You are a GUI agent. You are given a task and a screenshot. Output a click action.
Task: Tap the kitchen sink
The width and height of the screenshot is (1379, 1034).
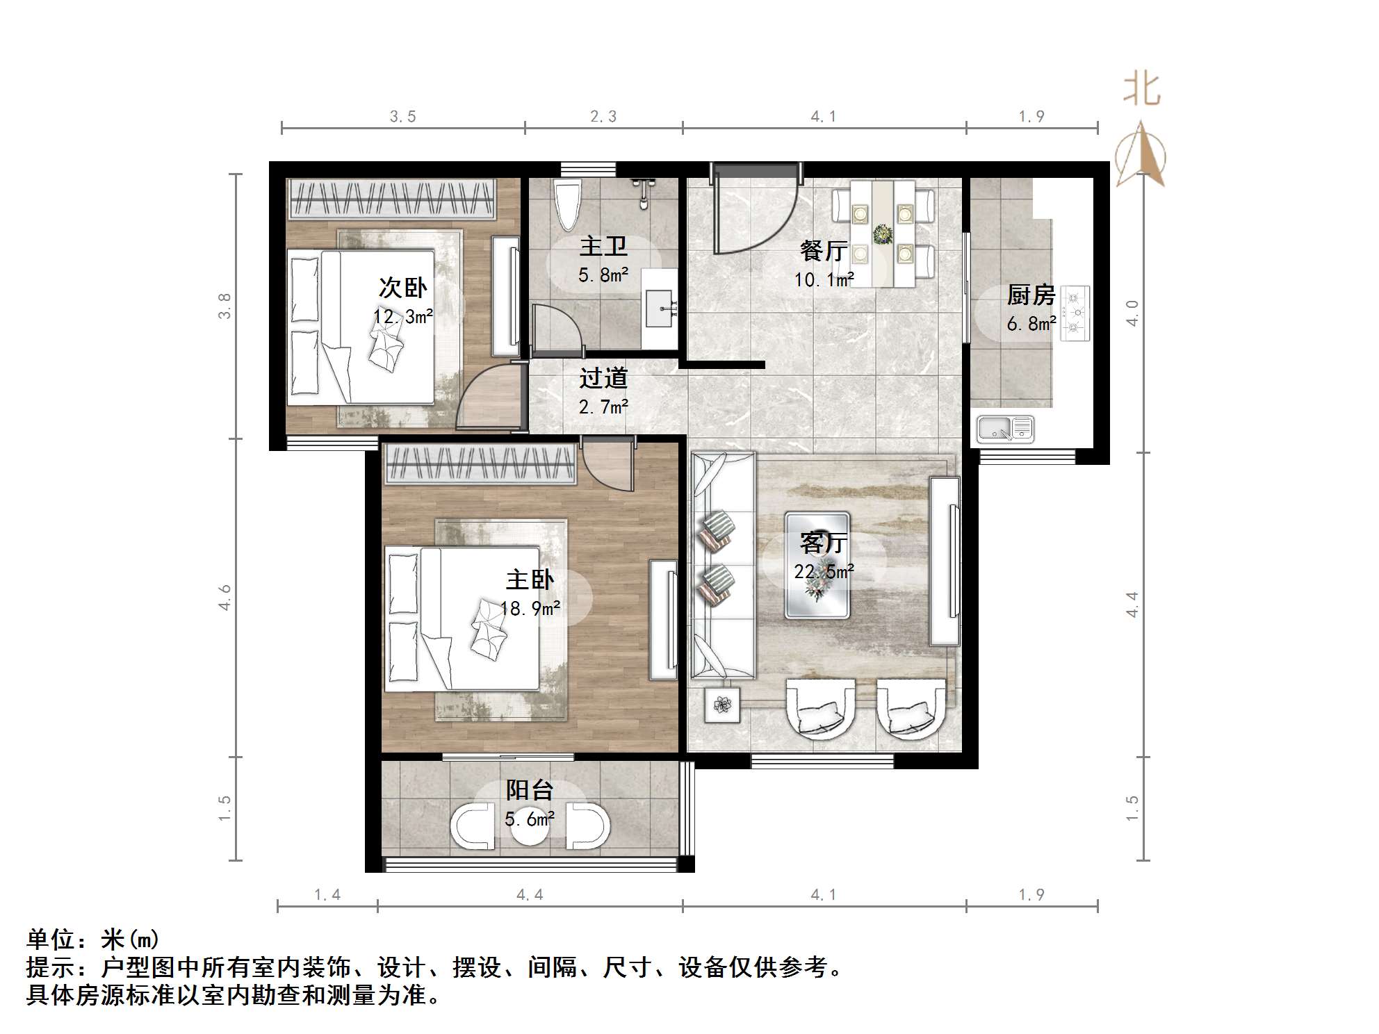(1005, 429)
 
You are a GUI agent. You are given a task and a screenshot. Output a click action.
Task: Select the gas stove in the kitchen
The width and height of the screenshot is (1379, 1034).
(1075, 313)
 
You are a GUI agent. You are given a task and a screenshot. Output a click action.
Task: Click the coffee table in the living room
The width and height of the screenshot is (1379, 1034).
(817, 565)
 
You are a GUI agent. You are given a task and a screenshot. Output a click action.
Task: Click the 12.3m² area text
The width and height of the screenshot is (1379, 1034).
(403, 317)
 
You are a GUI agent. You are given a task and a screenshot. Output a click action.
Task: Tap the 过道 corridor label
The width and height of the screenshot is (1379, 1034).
(603, 378)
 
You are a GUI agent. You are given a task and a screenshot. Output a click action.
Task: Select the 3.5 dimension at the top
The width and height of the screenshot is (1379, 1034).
(402, 116)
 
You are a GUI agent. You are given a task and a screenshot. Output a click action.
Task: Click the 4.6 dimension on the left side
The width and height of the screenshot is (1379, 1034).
(225, 597)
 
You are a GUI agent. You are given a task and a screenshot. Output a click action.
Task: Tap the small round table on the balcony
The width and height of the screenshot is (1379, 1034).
(530, 827)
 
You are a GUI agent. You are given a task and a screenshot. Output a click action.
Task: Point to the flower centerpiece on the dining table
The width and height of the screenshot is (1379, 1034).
(883, 234)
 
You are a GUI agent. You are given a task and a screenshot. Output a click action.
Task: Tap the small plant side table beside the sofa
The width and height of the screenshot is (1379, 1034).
(722, 705)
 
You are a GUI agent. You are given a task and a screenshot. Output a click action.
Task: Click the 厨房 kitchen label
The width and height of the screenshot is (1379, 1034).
(1031, 295)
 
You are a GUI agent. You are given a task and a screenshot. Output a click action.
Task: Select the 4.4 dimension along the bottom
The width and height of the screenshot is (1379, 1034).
(530, 894)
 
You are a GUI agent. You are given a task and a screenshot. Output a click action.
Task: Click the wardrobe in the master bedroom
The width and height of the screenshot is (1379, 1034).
(480, 464)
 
